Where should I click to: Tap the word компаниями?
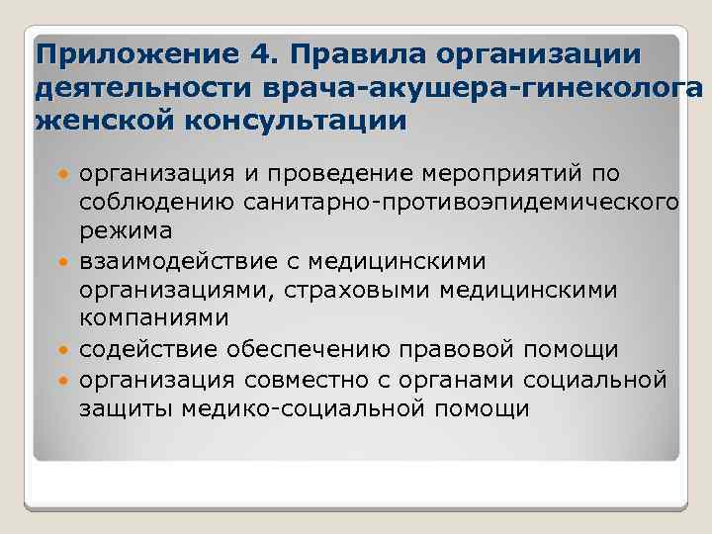coord(153,319)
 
